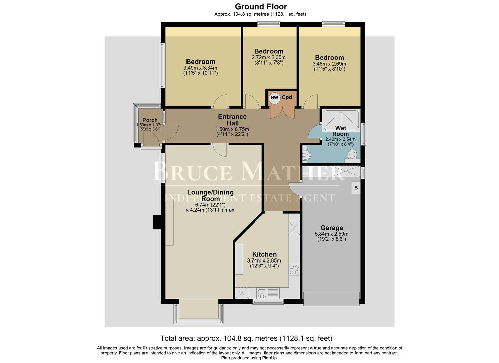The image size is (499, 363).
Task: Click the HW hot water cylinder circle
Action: click(275, 98)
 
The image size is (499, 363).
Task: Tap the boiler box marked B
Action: click(356, 188)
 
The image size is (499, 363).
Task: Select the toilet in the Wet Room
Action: click(352, 155)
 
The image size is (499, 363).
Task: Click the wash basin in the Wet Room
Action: click(306, 155)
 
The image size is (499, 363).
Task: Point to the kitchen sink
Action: click(262, 293)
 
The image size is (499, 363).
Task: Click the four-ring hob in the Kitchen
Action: click(294, 270)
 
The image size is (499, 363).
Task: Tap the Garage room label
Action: click(331, 228)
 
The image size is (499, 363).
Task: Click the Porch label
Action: click(150, 120)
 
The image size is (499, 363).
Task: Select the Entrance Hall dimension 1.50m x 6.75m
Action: click(232, 129)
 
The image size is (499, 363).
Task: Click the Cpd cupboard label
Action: click(287, 97)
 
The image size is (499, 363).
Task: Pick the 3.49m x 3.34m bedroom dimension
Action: click(200, 68)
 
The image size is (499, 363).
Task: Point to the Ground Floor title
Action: click(260, 6)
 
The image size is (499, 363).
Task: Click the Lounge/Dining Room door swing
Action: click(221, 150)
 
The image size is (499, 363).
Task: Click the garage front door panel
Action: click(331, 299)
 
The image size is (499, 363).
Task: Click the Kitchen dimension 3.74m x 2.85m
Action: click(264, 260)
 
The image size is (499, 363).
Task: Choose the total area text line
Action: click(246, 338)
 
